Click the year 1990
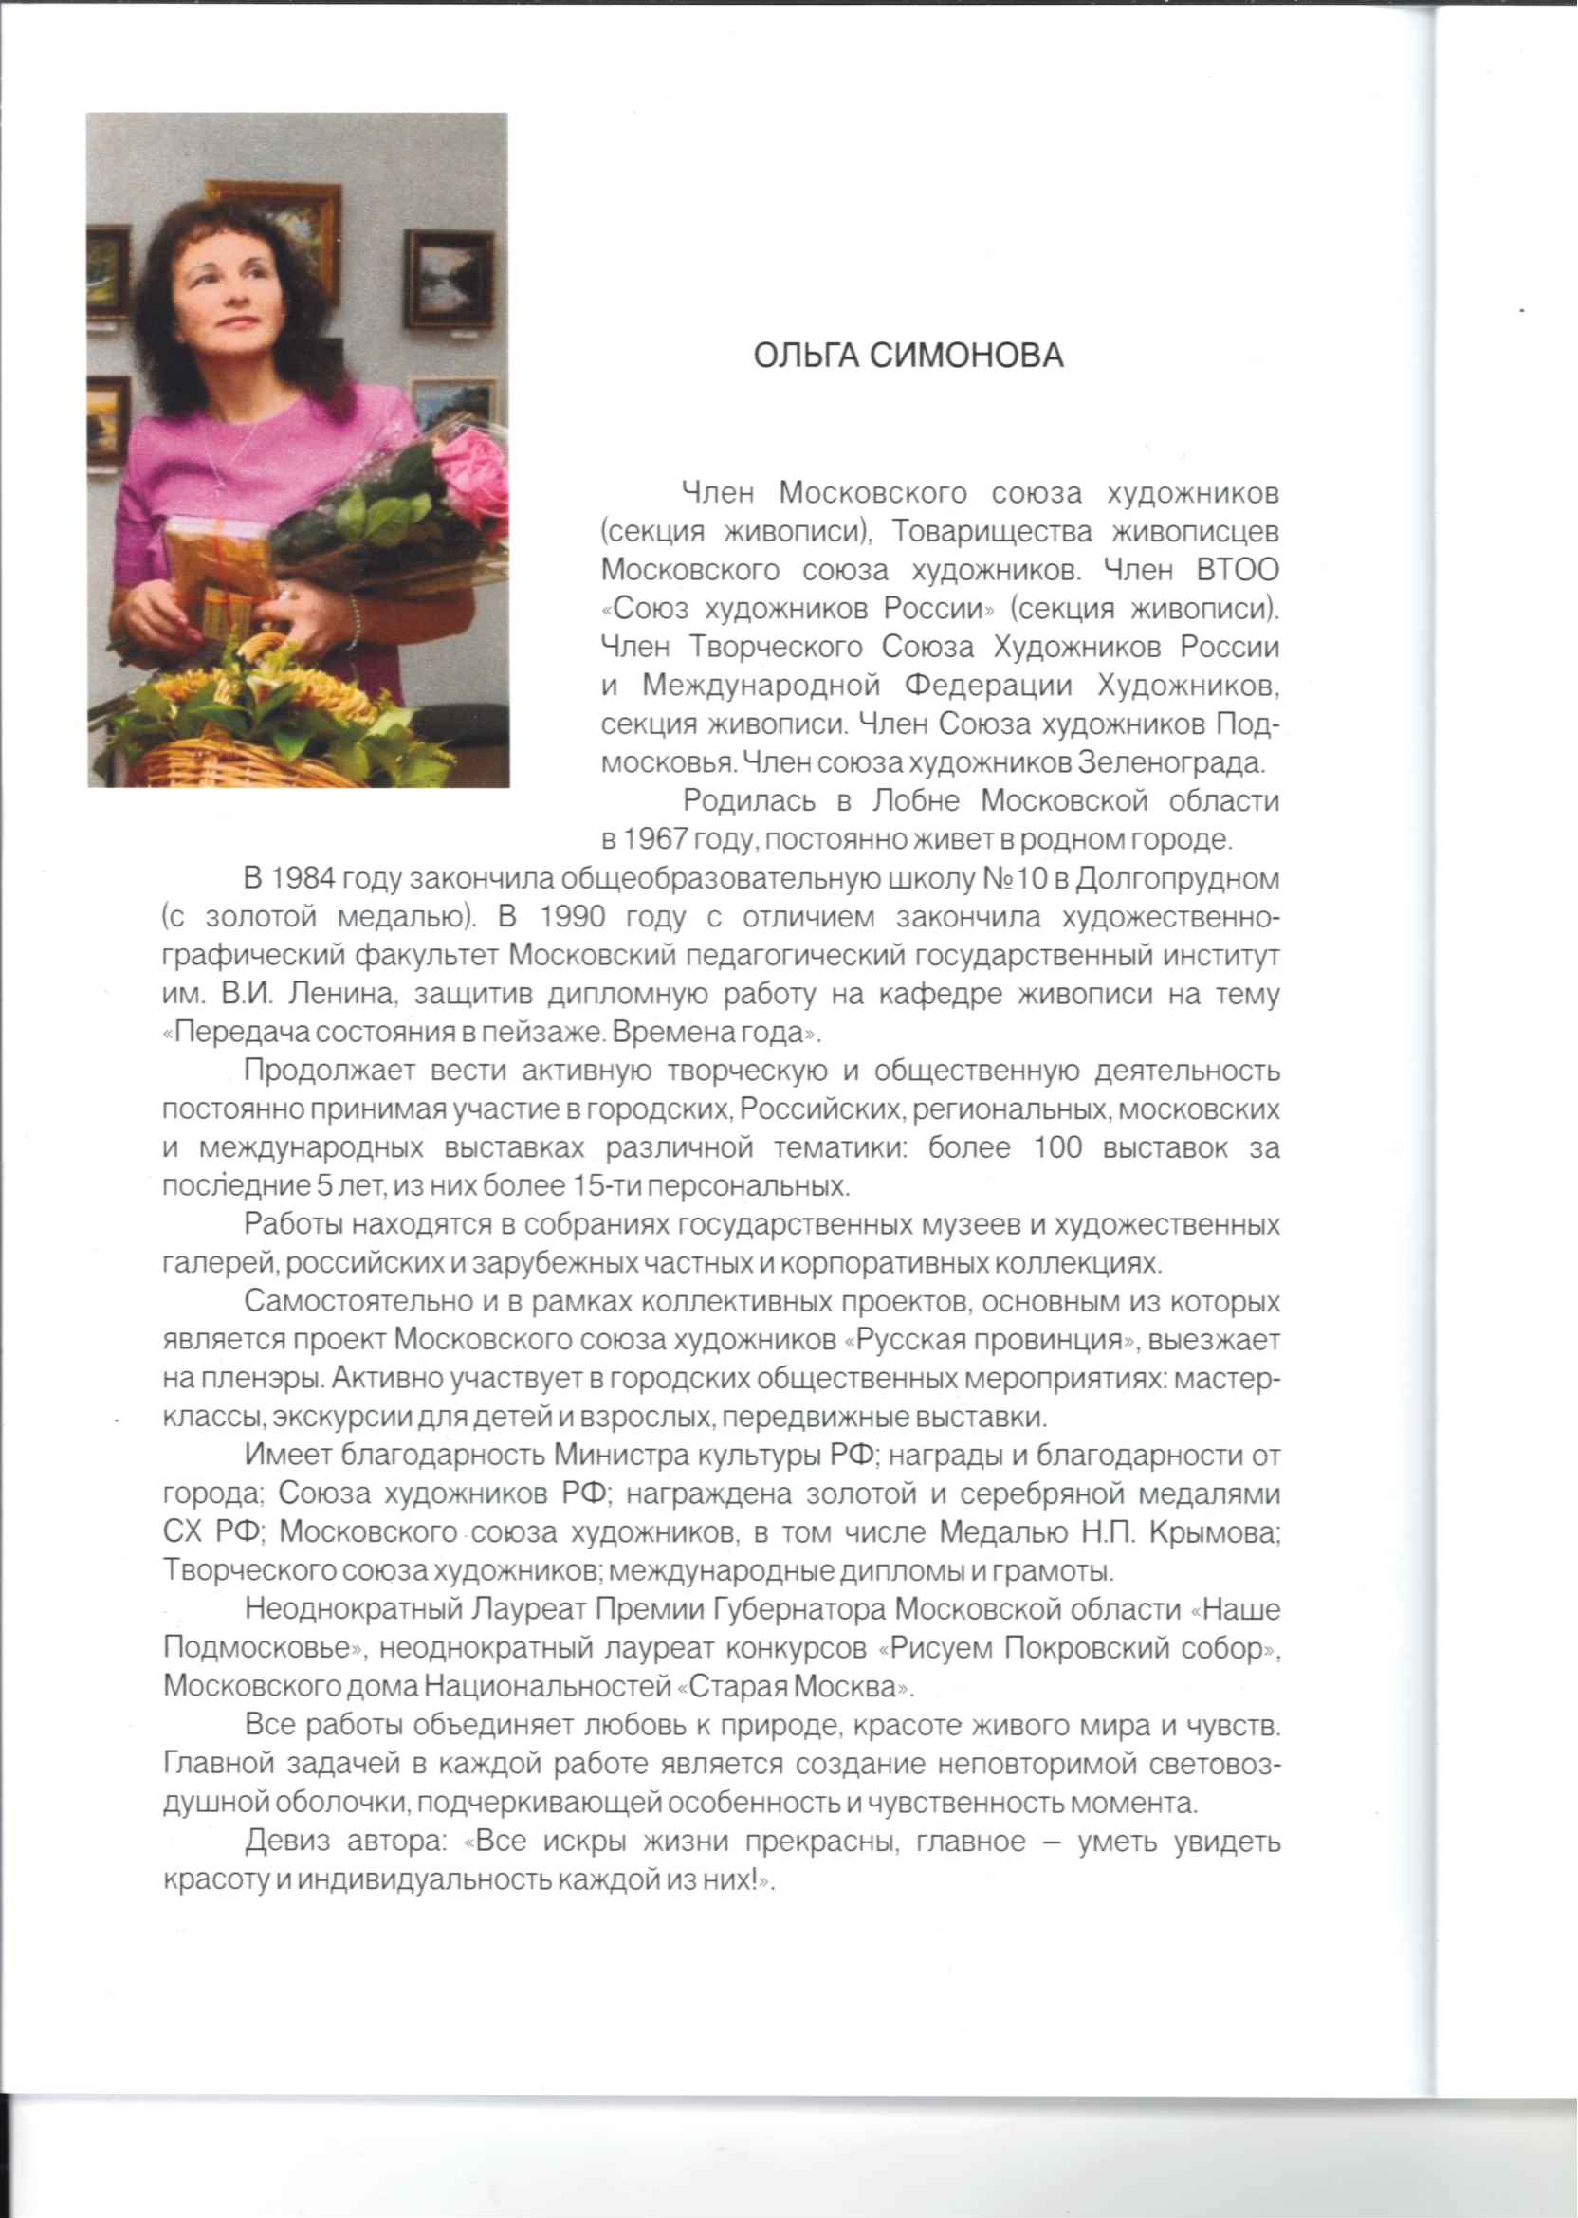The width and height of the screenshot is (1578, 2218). click(573, 917)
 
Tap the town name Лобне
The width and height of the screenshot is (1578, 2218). click(915, 801)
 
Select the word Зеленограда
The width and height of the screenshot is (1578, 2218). click(1171, 762)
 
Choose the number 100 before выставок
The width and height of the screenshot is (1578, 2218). click(1057, 1148)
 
